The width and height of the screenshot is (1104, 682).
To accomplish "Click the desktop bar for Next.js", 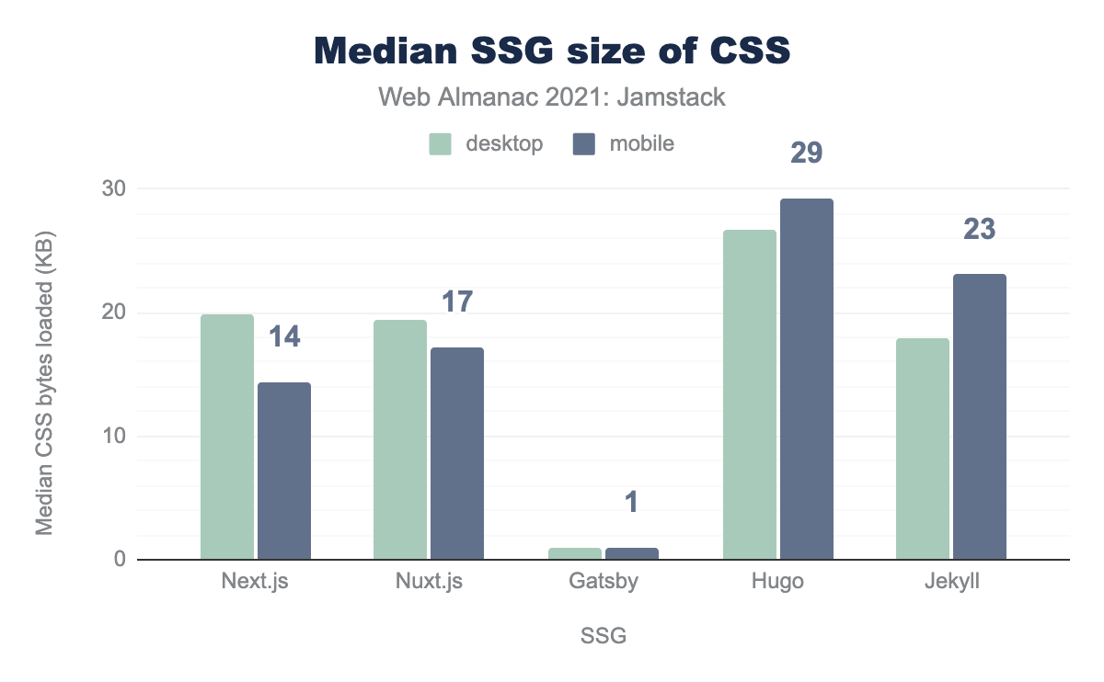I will tap(226, 437).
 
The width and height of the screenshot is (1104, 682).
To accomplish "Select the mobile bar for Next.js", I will tap(284, 471).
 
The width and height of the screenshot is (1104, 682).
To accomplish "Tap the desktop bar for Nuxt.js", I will tap(400, 439).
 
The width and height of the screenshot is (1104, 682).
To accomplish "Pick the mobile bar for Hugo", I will tap(807, 379).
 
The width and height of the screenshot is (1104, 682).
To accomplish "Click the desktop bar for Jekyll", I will tap(923, 449).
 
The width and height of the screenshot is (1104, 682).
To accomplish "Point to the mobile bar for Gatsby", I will tap(632, 553).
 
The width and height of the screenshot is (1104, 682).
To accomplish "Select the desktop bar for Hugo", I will tap(750, 394).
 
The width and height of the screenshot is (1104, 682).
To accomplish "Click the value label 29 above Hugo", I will tap(807, 153).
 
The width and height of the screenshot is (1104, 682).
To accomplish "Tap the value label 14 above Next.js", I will tap(284, 336).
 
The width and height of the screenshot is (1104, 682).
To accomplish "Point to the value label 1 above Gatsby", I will tap(632, 502).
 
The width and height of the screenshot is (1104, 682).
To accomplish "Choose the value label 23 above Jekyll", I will tap(980, 229).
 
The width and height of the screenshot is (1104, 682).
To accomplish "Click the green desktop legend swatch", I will tap(441, 144).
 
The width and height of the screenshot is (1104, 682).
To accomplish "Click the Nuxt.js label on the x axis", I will tap(428, 583).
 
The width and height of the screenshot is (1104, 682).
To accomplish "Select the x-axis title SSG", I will tap(604, 636).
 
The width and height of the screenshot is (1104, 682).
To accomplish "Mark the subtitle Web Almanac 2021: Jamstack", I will tap(552, 97).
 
